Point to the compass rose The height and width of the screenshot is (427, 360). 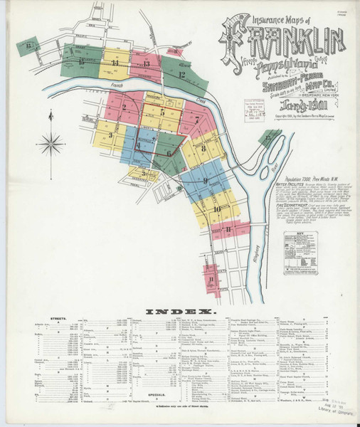51,145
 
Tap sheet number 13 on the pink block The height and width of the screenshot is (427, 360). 147,64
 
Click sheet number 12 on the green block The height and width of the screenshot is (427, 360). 182,73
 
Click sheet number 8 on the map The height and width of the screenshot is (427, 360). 203,148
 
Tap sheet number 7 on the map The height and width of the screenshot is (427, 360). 196,120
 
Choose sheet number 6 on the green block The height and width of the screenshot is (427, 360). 169,152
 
